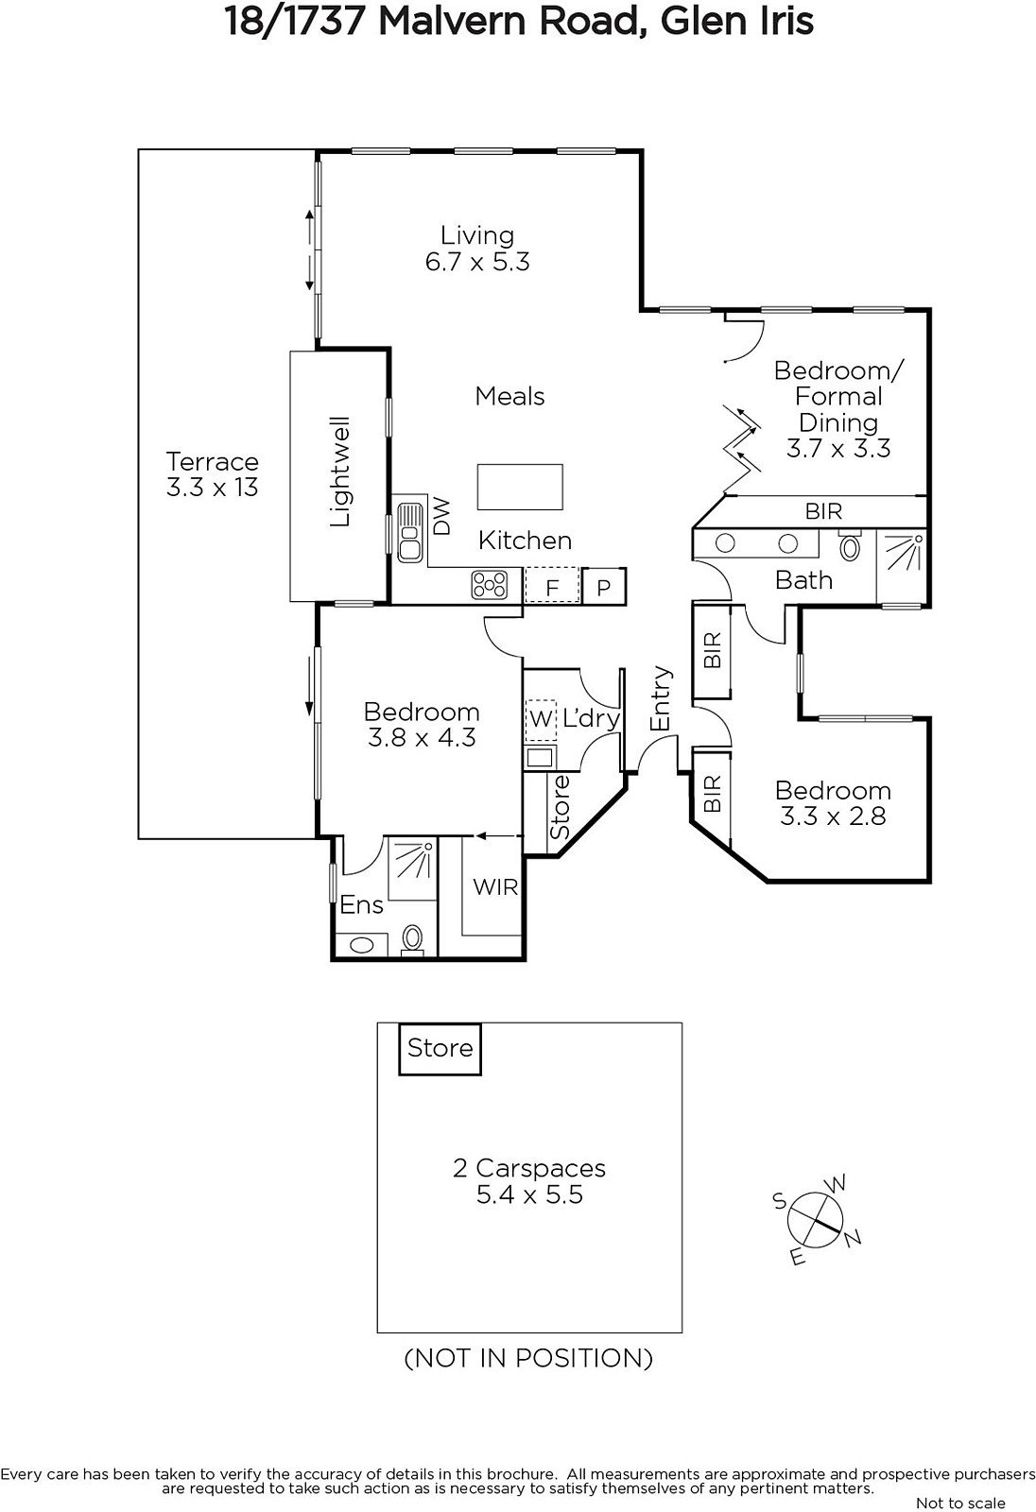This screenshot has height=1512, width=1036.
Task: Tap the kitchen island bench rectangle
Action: click(520, 487)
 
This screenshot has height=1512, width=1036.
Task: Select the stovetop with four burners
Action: click(489, 585)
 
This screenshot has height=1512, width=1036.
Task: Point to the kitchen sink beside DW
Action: click(410, 532)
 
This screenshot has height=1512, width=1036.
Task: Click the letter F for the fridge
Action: click(552, 589)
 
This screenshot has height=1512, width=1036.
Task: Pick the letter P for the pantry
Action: click(604, 589)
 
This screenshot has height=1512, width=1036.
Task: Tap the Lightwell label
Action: click(339, 472)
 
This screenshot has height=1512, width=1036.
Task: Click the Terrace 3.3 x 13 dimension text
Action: click(212, 487)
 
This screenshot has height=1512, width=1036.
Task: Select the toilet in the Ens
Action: click(413, 939)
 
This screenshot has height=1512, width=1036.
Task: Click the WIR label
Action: click(495, 886)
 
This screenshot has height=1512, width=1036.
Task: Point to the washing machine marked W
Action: click(541, 719)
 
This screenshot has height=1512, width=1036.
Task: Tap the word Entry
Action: click(661, 698)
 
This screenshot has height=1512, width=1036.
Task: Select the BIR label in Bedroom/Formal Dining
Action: click(824, 511)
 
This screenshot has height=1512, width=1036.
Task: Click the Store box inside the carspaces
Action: click(440, 1048)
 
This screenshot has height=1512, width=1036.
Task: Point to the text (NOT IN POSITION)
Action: click(528, 1357)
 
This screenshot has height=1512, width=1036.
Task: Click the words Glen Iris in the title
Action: click(736, 22)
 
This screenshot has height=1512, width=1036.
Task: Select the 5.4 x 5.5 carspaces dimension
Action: click(529, 1194)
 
